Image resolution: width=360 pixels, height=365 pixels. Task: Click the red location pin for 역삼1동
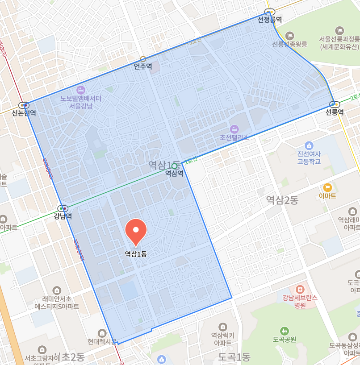click(x=136, y=231)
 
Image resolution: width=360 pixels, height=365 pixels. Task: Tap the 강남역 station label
click(x=63, y=216)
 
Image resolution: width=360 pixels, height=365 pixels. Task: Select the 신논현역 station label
click(x=24, y=113)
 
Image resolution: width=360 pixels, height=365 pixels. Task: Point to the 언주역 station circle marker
click(x=143, y=59)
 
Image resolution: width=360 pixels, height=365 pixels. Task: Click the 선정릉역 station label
click(x=270, y=20)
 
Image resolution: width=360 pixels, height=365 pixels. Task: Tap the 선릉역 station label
click(x=335, y=112)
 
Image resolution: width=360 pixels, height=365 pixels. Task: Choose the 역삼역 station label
click(x=174, y=173)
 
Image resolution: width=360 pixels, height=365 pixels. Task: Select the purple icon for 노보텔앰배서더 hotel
click(x=81, y=90)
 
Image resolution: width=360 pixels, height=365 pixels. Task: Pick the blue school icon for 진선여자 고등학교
click(x=309, y=145)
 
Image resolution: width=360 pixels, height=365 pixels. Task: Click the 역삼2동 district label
click(x=282, y=200)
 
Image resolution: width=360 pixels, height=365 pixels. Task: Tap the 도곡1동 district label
click(x=234, y=357)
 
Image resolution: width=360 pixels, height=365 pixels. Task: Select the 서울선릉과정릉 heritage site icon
click(x=340, y=31)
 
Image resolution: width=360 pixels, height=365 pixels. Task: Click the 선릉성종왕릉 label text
click(x=290, y=44)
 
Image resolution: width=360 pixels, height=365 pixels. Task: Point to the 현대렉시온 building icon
click(x=102, y=333)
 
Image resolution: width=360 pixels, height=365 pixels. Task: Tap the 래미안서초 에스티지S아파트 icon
click(x=57, y=290)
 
